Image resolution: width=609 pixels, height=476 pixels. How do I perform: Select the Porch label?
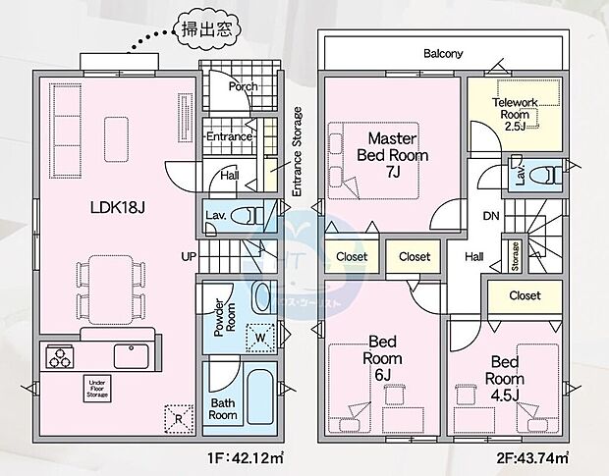coord(242,86)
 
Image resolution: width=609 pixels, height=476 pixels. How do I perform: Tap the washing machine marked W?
coord(260,336)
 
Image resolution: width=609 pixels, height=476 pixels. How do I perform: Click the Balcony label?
coord(443,54)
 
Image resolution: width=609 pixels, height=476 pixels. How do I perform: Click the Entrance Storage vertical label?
coord(297,154)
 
